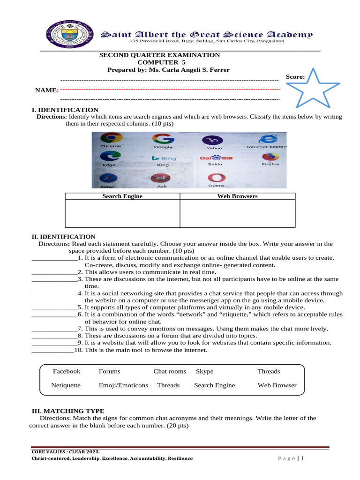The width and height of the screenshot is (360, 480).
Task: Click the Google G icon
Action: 163,139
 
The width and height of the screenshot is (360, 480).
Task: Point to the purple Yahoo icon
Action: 214,140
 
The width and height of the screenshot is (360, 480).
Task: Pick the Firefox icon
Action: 270,157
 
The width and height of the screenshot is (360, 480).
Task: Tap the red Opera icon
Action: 216,178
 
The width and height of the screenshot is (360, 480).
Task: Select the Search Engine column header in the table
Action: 122,196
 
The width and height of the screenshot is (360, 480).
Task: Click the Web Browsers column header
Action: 237,196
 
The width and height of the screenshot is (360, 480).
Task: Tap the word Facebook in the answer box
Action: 67,371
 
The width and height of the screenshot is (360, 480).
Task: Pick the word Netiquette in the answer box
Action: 66,385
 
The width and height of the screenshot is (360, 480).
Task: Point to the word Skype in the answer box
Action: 204,371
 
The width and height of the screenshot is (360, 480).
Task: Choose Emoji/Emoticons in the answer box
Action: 123,385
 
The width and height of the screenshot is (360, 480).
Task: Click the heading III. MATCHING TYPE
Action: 67,411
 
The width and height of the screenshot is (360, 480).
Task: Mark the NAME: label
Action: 47,90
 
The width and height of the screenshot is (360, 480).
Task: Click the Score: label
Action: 295,76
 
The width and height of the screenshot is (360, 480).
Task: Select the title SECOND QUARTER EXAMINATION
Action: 159,55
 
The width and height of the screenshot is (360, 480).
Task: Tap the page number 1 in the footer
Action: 303,458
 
